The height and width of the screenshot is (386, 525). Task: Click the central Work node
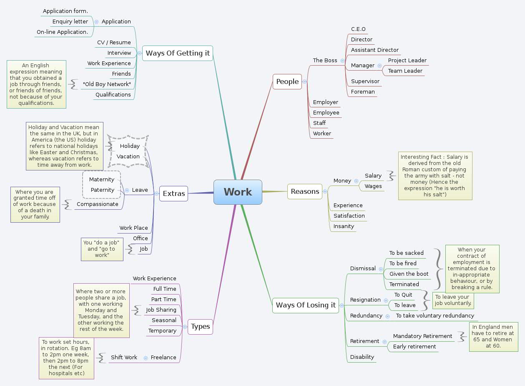(238, 192)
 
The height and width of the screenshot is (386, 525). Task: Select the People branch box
(287, 82)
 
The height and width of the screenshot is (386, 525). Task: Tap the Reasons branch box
(305, 192)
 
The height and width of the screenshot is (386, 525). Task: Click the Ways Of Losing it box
(305, 305)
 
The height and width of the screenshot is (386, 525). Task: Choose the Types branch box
(201, 327)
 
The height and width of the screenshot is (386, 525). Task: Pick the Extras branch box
(173, 193)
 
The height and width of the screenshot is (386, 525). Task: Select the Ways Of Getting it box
(178, 53)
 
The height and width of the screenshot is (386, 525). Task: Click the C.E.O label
(358, 29)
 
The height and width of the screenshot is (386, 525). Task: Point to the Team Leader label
(405, 71)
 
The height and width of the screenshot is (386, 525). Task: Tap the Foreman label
(363, 92)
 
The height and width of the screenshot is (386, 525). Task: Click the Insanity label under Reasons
(344, 226)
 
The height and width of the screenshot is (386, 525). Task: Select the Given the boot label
(409, 274)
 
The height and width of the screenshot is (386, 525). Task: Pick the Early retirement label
(414, 347)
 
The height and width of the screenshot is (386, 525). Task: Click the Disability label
(362, 357)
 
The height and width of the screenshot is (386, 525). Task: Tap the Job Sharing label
(161, 310)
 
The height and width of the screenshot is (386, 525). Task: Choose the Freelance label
(163, 358)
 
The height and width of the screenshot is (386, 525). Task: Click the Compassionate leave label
(97, 204)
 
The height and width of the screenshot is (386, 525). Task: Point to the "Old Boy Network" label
(107, 84)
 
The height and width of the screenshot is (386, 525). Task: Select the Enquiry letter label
(70, 22)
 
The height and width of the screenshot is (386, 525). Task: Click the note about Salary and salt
(435, 176)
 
